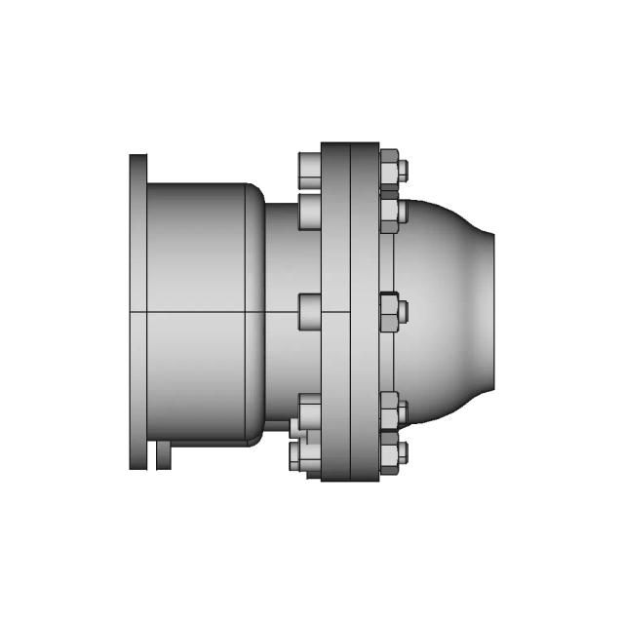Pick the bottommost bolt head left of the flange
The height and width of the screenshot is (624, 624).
click(301, 455)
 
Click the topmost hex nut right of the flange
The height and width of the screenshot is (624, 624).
click(388, 169)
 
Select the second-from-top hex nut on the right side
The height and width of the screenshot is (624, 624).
click(388, 213)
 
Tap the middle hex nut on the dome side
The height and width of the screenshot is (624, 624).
click(387, 312)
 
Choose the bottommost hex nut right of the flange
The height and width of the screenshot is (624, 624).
click(388, 454)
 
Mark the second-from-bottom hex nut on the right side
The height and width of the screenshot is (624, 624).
click(388, 411)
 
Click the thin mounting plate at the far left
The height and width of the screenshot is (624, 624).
click(137, 311)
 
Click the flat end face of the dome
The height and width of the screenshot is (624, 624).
click(492, 311)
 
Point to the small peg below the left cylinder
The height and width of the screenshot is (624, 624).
click(163, 455)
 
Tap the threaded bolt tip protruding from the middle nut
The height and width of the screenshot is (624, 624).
click(403, 312)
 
